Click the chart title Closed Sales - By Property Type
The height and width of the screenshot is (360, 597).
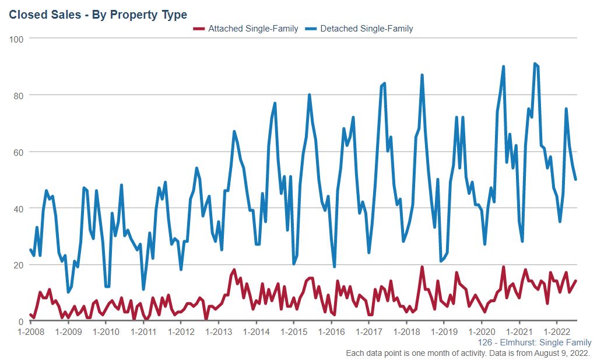click(x=98, y=14)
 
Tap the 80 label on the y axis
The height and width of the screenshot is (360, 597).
click(x=18, y=95)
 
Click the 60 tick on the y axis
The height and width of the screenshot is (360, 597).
click(x=18, y=152)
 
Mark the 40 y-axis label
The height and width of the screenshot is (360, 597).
click(x=18, y=208)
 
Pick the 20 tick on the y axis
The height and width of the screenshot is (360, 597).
click(x=18, y=265)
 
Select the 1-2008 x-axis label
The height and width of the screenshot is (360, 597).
click(x=30, y=332)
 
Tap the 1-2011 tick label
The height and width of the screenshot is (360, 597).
click(x=143, y=332)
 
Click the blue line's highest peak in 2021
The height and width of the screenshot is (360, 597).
click(x=535, y=64)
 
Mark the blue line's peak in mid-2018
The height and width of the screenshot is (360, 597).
click(x=422, y=75)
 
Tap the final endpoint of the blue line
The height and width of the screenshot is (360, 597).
click(x=575, y=180)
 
